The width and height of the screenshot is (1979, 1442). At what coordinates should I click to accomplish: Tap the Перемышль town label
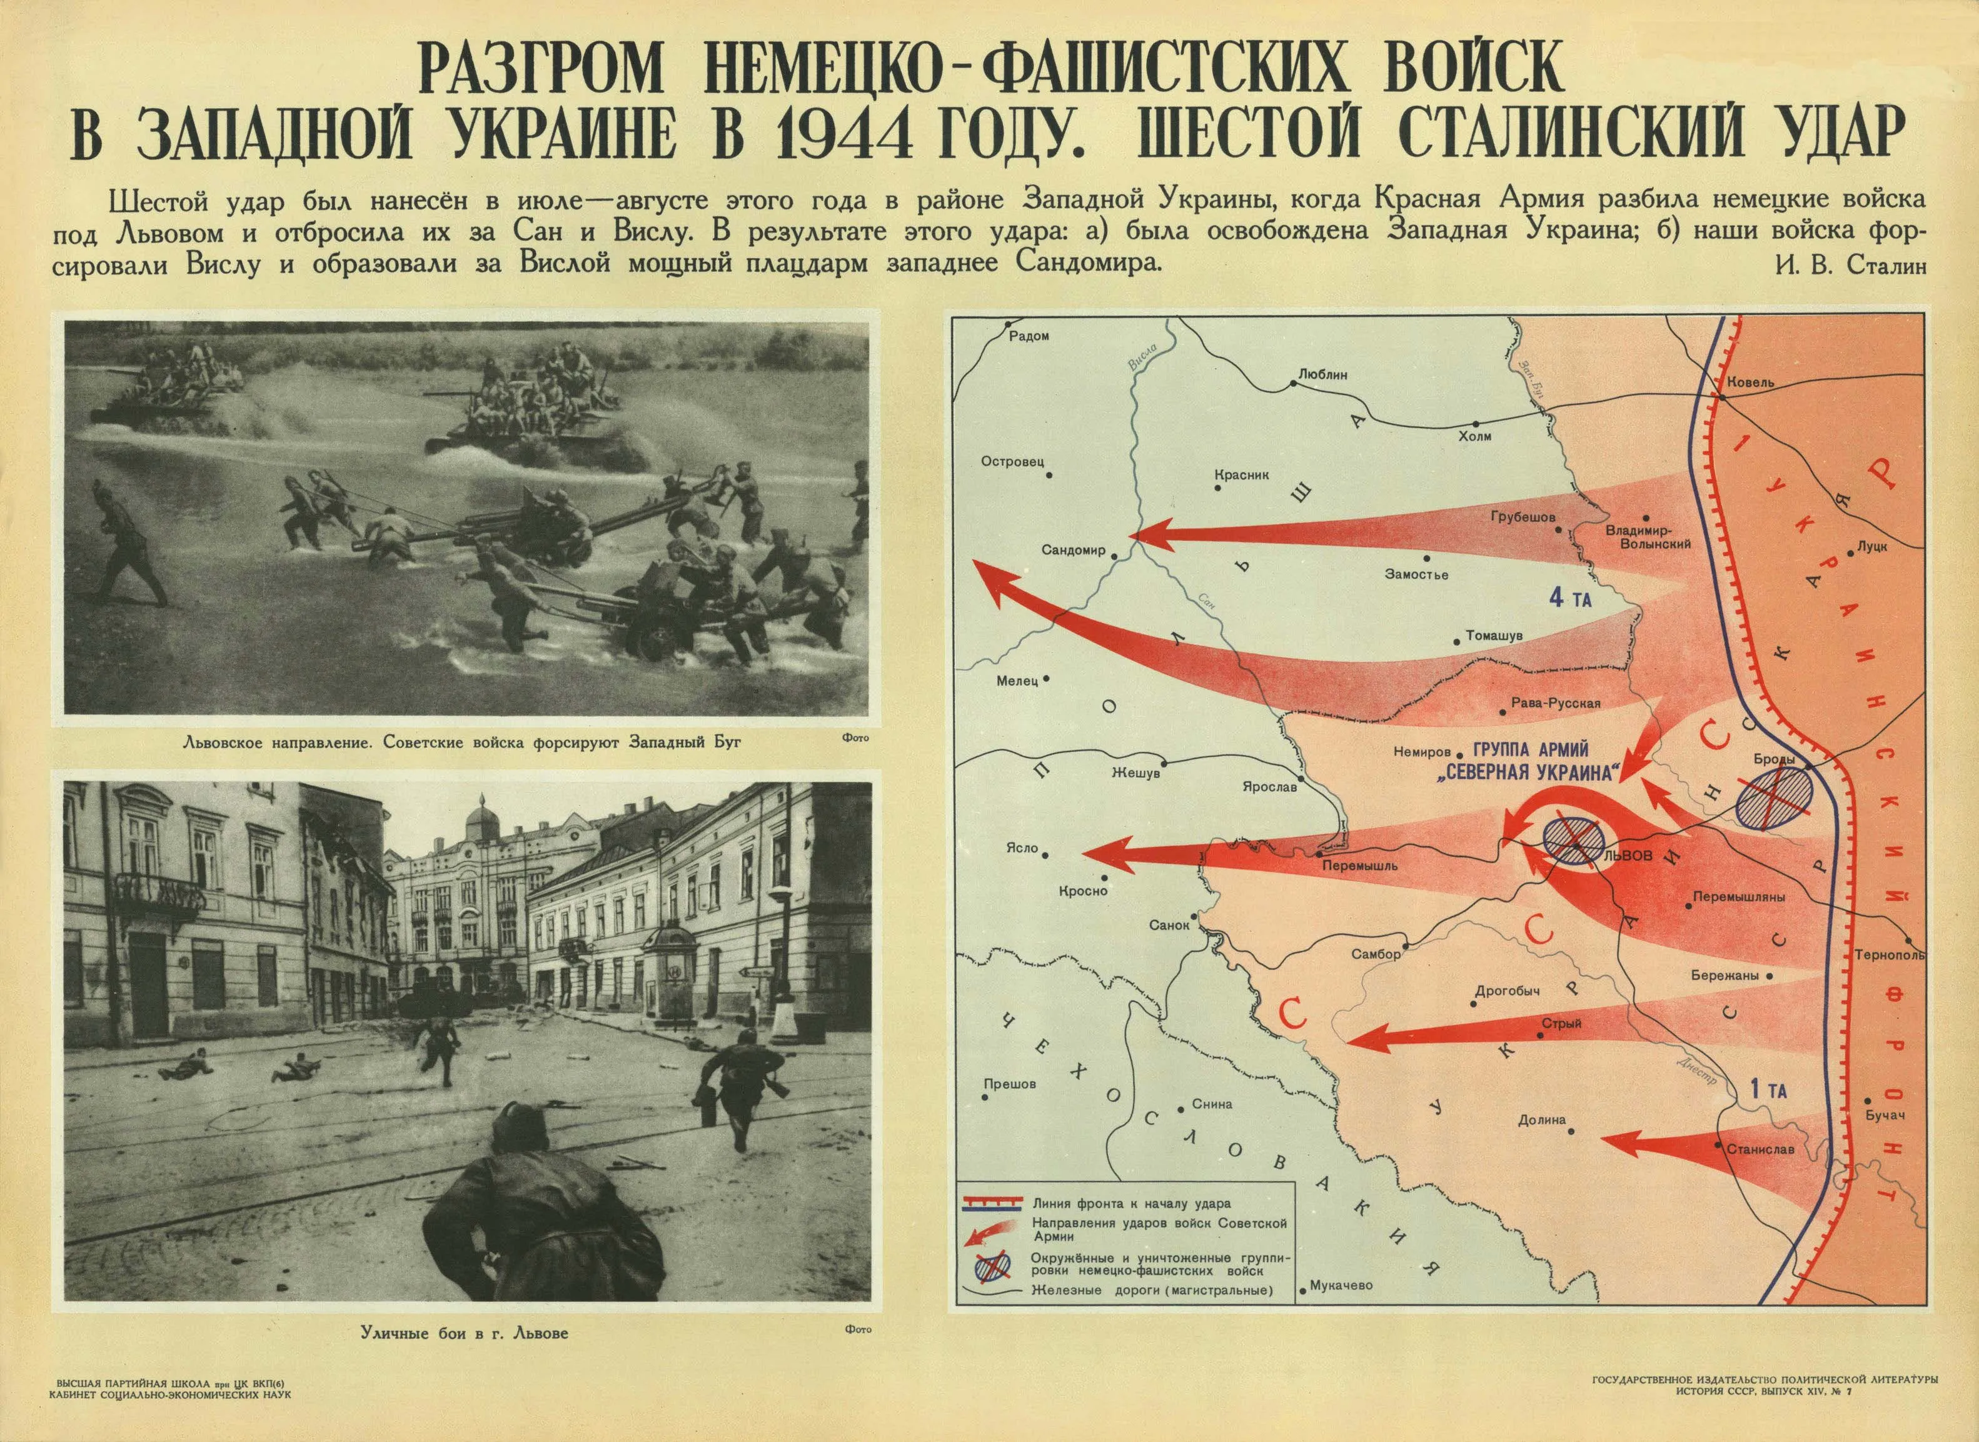pos(1336,867)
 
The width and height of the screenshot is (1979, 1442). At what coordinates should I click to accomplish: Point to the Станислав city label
pos(1760,1149)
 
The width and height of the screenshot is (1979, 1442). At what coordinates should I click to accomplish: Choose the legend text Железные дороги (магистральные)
pos(1151,1291)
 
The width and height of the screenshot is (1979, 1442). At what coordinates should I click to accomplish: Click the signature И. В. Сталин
pos(1867,266)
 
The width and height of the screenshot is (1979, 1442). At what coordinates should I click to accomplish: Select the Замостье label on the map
pos(1416,574)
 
